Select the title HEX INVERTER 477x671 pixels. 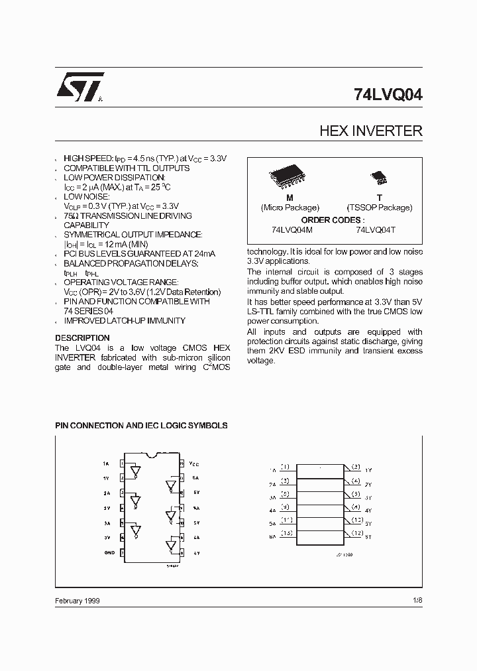pos(370,131)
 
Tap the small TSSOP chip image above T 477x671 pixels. pos(379,177)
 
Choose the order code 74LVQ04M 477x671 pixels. pos(291,229)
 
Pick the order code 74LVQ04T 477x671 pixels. pos(376,229)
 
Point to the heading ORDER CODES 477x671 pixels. pos(333,219)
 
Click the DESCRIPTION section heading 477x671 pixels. pos(82,337)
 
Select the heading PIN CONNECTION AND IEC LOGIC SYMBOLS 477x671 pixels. pos(141,425)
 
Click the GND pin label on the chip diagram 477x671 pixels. pos(109,552)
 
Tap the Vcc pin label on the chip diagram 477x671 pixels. pos(193,463)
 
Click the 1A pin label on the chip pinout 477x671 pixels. pos(106,463)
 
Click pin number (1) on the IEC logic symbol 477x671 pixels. pos(285,467)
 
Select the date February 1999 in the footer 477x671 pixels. pos(78,600)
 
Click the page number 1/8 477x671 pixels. pos(416,600)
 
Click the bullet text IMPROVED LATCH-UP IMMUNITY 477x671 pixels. pos(125,321)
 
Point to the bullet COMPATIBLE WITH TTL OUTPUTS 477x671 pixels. pos(127,168)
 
